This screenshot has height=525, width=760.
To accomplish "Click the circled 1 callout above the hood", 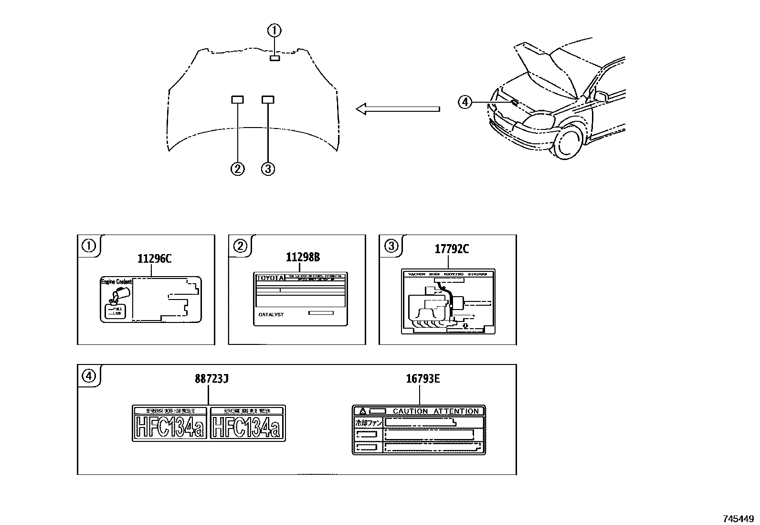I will [274, 31].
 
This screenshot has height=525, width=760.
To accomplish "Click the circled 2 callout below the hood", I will [237, 169].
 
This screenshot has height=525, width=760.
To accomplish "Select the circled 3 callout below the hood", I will [268, 169].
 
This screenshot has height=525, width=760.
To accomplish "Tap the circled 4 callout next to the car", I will [464, 102].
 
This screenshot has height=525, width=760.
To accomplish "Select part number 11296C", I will [154, 259].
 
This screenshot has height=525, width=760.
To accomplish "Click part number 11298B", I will [303, 257].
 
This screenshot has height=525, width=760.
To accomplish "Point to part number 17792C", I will [452, 249].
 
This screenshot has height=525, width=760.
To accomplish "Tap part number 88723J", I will [211, 379].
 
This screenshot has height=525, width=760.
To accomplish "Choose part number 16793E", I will [422, 379].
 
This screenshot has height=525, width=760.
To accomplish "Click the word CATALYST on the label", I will [271, 314].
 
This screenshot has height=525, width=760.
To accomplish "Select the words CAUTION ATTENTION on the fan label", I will [435, 411].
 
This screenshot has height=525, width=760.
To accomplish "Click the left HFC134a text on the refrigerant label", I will [170, 427].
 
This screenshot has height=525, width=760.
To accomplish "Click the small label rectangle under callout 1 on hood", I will [274, 58].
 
